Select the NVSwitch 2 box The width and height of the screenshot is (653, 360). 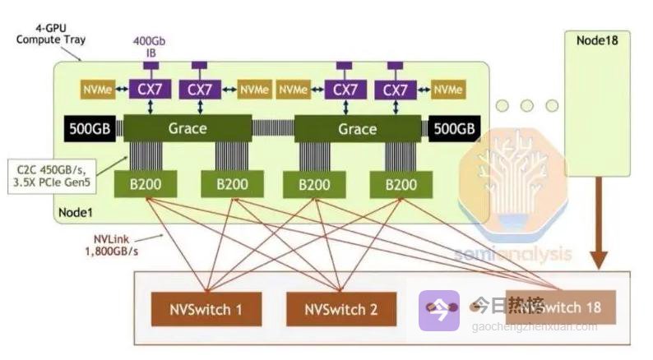point(340,310)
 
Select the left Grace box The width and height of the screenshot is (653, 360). point(187,128)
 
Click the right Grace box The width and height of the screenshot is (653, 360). point(357,128)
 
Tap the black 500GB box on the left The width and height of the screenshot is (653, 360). point(90,128)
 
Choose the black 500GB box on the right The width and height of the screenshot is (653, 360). point(454,128)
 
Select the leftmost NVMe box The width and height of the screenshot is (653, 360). point(96,89)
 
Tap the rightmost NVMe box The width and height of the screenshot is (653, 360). point(447,89)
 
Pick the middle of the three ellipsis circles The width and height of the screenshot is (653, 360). point(526,105)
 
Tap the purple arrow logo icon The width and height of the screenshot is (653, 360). point(438,311)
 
